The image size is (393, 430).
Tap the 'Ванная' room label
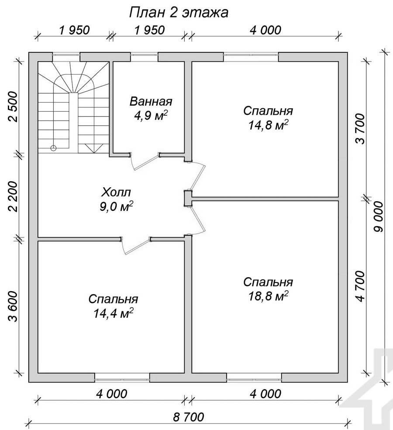pyautogui.click(x=151, y=101)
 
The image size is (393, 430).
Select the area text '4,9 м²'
pyautogui.click(x=151, y=116)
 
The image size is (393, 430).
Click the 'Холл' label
pyautogui.click(x=116, y=192)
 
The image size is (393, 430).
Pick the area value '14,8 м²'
pyautogui.click(x=268, y=125)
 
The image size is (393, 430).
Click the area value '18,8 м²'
pyautogui.click(x=268, y=296)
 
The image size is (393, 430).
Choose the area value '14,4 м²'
pyautogui.click(x=113, y=313)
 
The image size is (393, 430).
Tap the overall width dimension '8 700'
pyautogui.click(x=189, y=417)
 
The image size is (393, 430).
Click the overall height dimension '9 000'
pyautogui.click(x=378, y=217)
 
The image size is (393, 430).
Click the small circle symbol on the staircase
pyautogui.click(x=53, y=148)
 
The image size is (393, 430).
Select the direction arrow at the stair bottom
pyautogui.click(x=93, y=148)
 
